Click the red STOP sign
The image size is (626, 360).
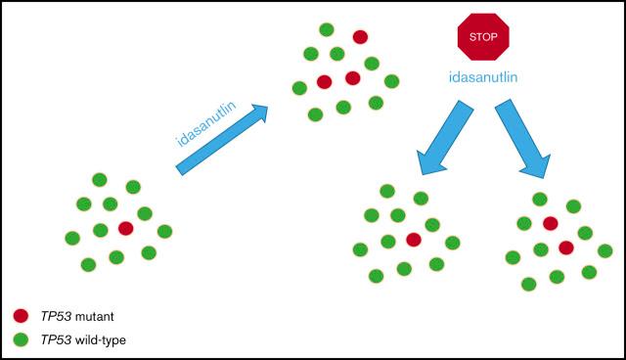(483, 36)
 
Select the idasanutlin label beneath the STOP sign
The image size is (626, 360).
(483, 76)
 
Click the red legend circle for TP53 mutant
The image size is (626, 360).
(20, 316)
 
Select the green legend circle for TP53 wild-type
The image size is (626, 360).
(20, 338)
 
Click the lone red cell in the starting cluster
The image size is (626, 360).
(125, 228)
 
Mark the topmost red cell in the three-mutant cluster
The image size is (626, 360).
(360, 37)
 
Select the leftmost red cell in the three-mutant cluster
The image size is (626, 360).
(325, 82)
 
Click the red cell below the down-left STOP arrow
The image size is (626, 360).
(414, 240)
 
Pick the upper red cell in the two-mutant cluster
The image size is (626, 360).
(551, 223)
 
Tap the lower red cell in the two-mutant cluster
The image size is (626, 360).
(566, 247)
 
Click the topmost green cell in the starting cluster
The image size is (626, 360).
(99, 179)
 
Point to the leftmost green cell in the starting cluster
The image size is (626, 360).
(71, 238)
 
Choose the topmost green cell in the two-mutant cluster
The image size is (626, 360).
(540, 199)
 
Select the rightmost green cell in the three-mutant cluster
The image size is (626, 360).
(391, 81)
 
